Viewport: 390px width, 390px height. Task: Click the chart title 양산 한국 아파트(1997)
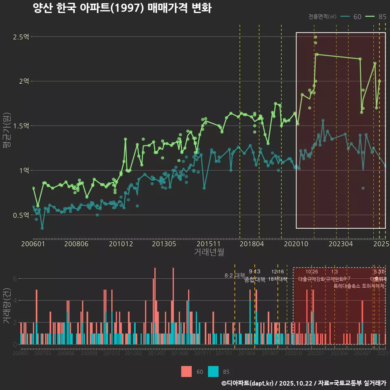[x=122, y=9]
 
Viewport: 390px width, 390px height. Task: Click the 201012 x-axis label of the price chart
[x=121, y=244]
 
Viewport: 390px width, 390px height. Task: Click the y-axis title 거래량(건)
[x=7, y=305]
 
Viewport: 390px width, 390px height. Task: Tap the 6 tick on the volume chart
[x=15, y=279]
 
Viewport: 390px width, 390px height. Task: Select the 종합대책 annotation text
[x=255, y=279]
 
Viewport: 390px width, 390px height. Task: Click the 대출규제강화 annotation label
[x=311, y=279]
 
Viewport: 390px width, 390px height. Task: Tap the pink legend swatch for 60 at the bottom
[x=186, y=371]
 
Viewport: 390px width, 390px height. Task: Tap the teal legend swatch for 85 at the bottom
[x=213, y=371]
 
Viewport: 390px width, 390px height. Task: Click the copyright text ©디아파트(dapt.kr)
[x=248, y=383]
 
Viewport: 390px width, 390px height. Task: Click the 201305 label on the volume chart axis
[x=156, y=353]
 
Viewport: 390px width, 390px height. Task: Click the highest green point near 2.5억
[x=316, y=37]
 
